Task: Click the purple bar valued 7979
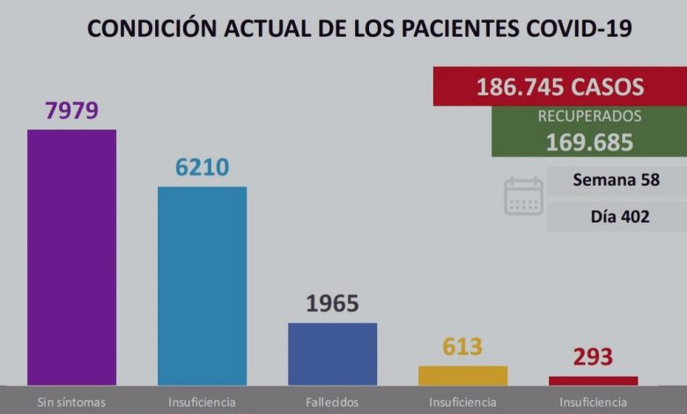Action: click(x=71, y=256)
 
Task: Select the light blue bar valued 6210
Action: click(x=202, y=285)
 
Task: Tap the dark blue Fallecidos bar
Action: click(x=332, y=353)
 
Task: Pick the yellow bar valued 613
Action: click(x=462, y=375)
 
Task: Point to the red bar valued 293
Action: click(x=593, y=381)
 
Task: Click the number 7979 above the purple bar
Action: click(x=71, y=111)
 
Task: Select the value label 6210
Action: click(x=202, y=167)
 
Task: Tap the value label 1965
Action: click(x=332, y=304)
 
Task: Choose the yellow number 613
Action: click(x=462, y=347)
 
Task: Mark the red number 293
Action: click(x=593, y=358)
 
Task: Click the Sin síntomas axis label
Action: click(x=71, y=402)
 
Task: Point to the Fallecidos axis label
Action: click(x=332, y=402)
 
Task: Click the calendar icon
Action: click(x=523, y=196)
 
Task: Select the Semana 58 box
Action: click(x=616, y=181)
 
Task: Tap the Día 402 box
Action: click(x=616, y=216)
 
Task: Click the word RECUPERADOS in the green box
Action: click(x=589, y=116)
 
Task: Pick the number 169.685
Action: click(x=589, y=141)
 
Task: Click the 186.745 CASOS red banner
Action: click(x=559, y=86)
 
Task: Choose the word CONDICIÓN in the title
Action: click(x=148, y=29)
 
